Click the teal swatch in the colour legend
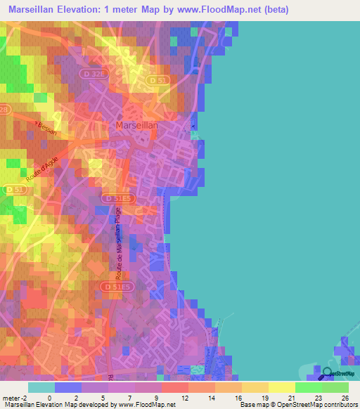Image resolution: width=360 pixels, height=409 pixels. (x=41, y=388)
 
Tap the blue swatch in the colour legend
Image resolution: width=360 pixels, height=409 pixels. (x=68, y=388)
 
